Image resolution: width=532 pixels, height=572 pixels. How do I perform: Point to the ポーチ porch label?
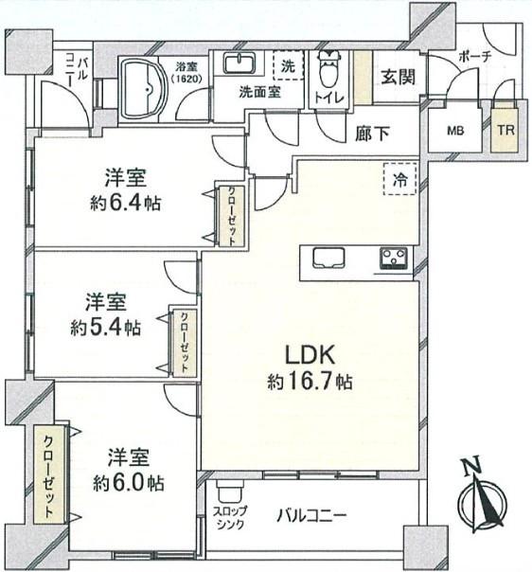(473, 55)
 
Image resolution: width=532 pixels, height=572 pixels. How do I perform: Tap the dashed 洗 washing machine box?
(286, 67)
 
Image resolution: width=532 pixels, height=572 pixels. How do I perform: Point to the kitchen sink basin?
(328, 258)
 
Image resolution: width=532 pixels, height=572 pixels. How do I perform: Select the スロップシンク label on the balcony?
(232, 518)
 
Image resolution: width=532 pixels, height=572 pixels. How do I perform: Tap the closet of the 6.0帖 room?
(44, 476)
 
